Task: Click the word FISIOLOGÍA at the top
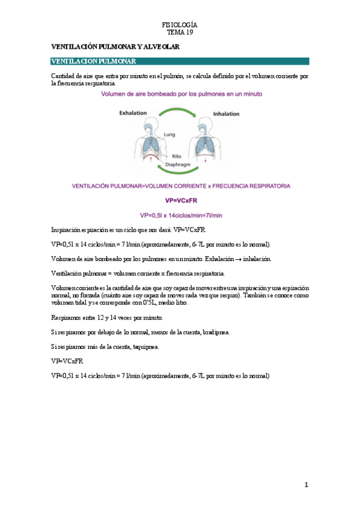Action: (180, 25)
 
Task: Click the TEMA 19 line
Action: (180, 32)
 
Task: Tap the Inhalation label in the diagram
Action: (225, 112)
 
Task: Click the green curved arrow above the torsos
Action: (180, 111)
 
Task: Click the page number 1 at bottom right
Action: (306, 485)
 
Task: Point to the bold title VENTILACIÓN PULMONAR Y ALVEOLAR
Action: (114, 46)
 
